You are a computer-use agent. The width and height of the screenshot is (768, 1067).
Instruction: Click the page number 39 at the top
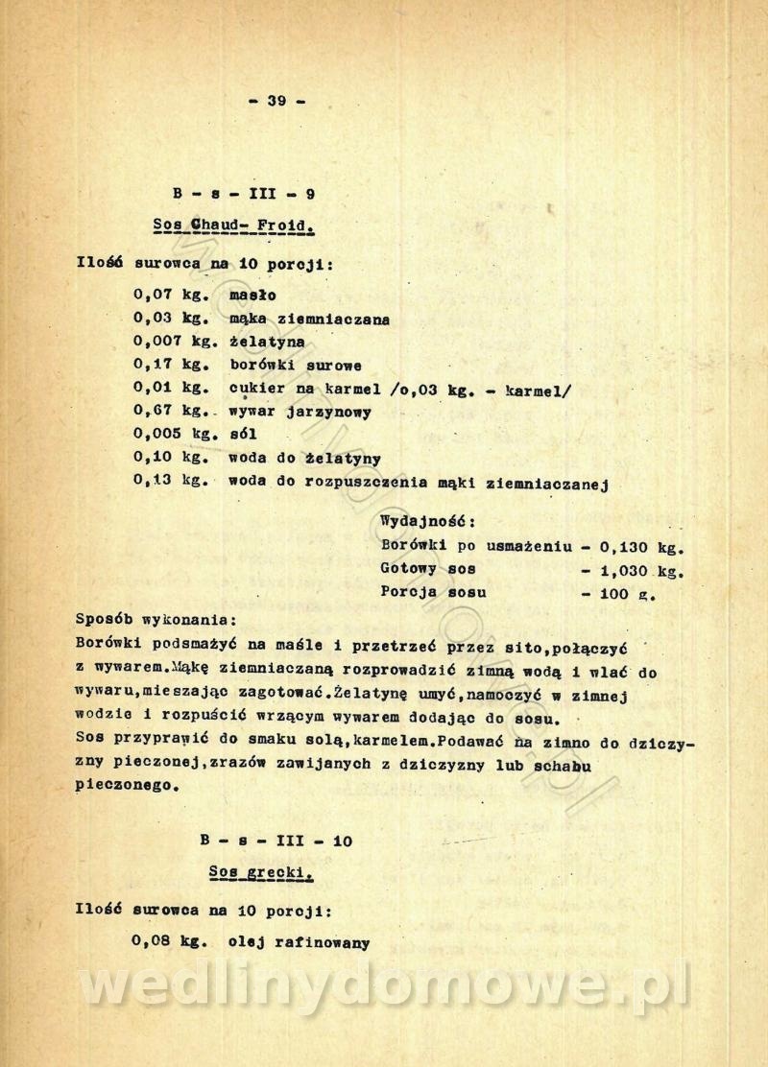(x=276, y=101)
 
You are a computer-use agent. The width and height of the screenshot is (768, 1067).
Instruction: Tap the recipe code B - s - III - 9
(x=244, y=193)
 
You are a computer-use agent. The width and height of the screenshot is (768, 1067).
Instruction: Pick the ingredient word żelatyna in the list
(x=268, y=342)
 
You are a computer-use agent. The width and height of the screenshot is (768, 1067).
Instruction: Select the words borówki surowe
(x=294, y=365)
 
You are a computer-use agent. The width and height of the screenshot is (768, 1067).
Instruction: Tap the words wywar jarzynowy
(x=300, y=412)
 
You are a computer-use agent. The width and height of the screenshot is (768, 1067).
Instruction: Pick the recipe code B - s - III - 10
(x=276, y=842)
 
